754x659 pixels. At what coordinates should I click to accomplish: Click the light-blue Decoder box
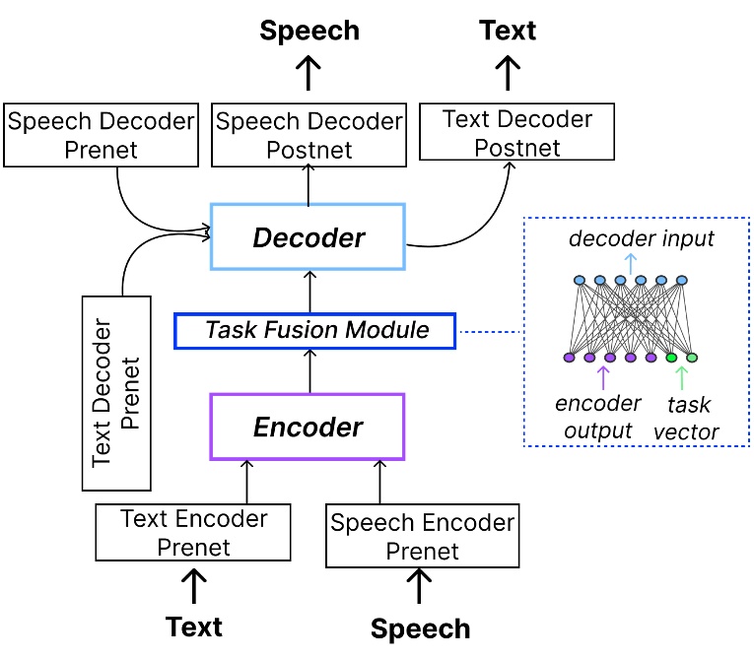pos(308,237)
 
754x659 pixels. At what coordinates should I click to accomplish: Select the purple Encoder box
pos(308,427)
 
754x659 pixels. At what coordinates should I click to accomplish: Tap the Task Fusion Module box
pos(315,330)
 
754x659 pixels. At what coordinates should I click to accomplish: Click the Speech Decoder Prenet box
pos(101,135)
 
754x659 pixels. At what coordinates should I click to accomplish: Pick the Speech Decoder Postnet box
pos(309,135)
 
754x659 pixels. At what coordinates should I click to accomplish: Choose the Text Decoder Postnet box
pos(516,133)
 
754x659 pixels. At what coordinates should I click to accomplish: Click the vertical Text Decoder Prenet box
pos(115,392)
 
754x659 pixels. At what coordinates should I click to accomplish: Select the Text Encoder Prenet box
pos(193,532)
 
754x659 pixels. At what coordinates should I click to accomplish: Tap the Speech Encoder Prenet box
pos(422,536)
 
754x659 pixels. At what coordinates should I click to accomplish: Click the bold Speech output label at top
pos(309,31)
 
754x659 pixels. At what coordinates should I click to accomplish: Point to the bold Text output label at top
pos(508,31)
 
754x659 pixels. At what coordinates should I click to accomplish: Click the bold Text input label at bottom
pos(194,626)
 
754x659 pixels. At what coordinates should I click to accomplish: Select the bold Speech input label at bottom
pos(421,628)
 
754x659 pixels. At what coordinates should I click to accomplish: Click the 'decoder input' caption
pos(642,238)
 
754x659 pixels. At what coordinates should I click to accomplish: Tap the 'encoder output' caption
pos(597,417)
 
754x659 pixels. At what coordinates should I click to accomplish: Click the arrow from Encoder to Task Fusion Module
pos(309,371)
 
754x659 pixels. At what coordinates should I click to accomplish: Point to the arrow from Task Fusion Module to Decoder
pos(309,292)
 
